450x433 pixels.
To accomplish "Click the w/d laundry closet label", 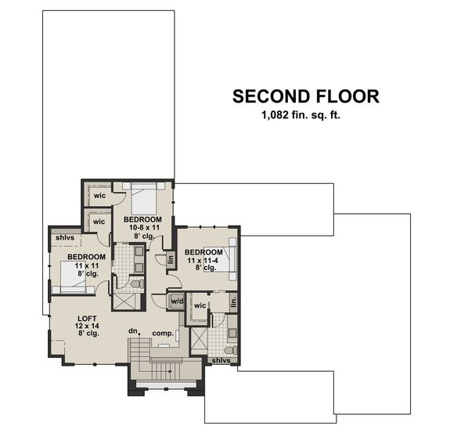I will (x=177, y=301).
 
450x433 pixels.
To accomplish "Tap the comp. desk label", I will (x=163, y=334).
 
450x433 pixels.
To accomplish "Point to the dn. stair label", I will (x=134, y=332).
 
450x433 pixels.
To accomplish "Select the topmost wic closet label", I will (x=99, y=195).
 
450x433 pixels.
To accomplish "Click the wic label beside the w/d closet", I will (x=200, y=305).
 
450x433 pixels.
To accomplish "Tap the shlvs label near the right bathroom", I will (x=221, y=360).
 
